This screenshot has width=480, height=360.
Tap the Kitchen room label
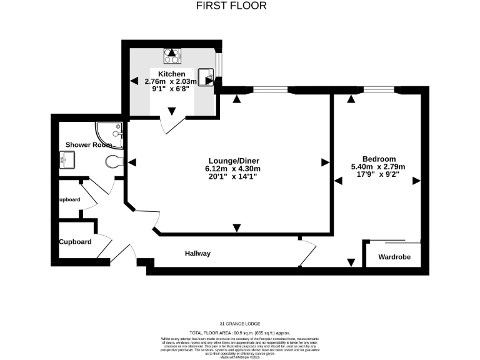[x=171, y=74]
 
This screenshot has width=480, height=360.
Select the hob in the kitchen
[x=172, y=56]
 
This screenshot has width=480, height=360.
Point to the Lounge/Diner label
[x=232, y=158]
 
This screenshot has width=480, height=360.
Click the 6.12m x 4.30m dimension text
[x=232, y=167]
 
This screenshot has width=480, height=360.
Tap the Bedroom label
[x=379, y=158]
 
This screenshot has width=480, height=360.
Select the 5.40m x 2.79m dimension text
[x=379, y=166]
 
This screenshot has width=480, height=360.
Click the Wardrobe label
[x=394, y=257]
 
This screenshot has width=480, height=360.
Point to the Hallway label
[x=197, y=253]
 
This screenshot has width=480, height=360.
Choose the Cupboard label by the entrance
[x=76, y=242]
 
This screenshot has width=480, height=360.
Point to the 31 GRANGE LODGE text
[x=240, y=323]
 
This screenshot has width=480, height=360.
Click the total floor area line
[x=240, y=332]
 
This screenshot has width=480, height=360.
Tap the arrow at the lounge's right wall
[x=324, y=162]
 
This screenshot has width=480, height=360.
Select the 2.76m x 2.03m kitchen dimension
[x=171, y=81]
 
